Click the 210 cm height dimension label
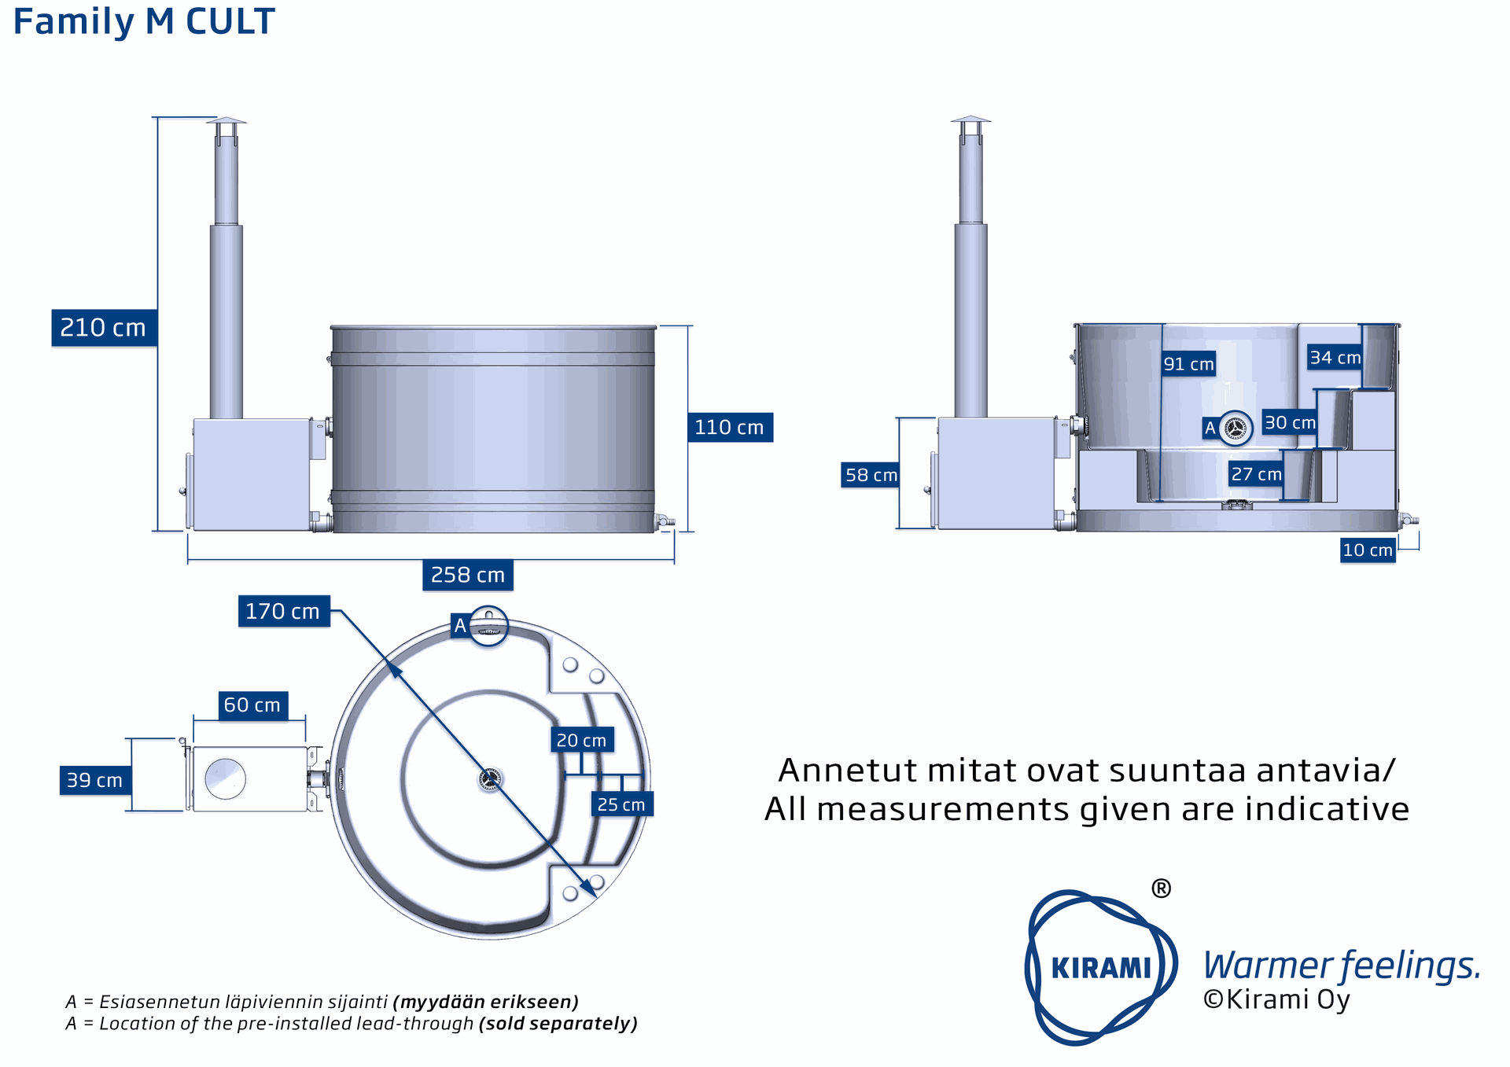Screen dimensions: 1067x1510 click(104, 328)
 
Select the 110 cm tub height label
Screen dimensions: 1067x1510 click(729, 427)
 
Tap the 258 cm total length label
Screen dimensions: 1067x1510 click(468, 575)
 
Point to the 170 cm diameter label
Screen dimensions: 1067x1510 click(283, 611)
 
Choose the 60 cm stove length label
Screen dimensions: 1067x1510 click(252, 705)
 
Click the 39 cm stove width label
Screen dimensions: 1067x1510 click(94, 780)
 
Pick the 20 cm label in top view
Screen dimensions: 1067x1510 click(581, 740)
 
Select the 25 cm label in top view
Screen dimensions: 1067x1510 click(621, 804)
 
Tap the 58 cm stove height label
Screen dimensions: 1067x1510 click(871, 475)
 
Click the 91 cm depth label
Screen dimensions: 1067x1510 click(1188, 364)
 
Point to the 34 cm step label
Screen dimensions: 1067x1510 click(1335, 358)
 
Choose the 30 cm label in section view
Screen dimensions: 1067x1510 click(1289, 422)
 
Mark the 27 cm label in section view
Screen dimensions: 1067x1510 click(1256, 474)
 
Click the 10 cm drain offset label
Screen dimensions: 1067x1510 click(1368, 550)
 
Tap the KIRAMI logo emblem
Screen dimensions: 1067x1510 click(1100, 967)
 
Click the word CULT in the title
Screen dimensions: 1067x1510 click(230, 22)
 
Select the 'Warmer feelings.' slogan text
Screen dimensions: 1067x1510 click(1342, 966)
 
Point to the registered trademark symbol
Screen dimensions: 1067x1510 click(1161, 889)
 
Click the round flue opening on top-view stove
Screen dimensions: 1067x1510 click(225, 778)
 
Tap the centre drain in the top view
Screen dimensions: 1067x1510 click(490, 779)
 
